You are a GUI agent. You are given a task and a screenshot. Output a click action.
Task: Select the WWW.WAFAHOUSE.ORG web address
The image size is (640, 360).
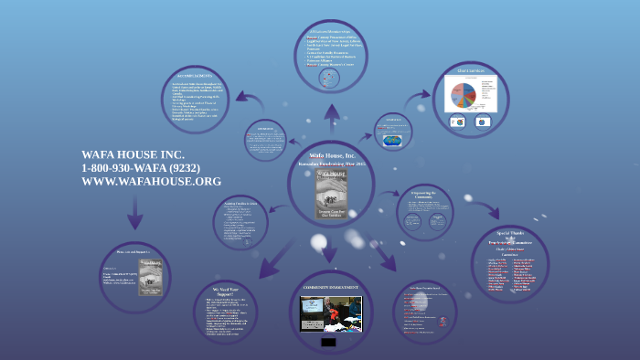coord(151,182)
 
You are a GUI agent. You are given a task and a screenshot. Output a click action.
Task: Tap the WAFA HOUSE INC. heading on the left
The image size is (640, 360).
coord(133,154)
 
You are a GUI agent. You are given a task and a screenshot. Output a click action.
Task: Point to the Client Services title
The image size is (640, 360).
coord(470,71)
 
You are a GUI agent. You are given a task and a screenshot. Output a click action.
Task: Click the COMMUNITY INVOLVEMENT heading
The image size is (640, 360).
coord(330,288)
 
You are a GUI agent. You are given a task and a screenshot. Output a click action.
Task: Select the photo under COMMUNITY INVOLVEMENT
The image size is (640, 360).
coord(331,313)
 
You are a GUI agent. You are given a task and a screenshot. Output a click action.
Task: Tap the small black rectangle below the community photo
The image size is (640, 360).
coord(328,343)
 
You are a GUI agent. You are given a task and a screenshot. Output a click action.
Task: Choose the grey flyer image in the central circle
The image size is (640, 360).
coord(331,191)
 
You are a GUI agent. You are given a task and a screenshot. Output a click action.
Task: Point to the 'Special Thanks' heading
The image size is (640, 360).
coord(509,234)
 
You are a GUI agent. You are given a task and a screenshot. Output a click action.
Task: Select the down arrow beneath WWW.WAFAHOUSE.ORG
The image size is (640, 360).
coord(135,216)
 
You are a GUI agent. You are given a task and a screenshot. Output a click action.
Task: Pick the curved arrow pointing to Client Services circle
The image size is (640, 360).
coord(419,98)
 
